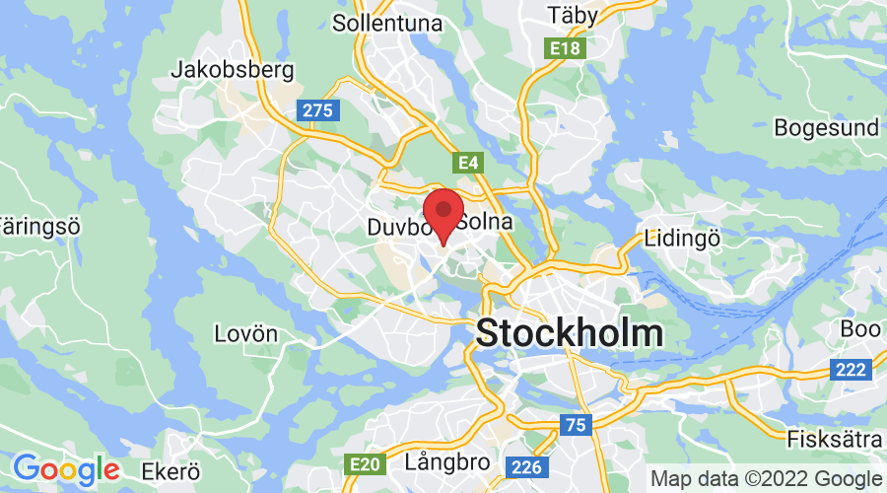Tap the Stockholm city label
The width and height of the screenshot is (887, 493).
(x=570, y=332)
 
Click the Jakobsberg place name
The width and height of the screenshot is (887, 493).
(x=233, y=70)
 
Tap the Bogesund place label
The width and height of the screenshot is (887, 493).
(x=825, y=128)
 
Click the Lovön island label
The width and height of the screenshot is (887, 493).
(x=245, y=333)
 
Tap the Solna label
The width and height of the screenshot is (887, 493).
(x=487, y=222)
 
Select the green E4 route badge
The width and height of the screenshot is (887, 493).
(x=467, y=161)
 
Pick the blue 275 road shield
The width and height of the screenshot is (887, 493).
(x=317, y=110)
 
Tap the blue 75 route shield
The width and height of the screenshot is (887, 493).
(x=575, y=424)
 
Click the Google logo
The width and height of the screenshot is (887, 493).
(x=66, y=468)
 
